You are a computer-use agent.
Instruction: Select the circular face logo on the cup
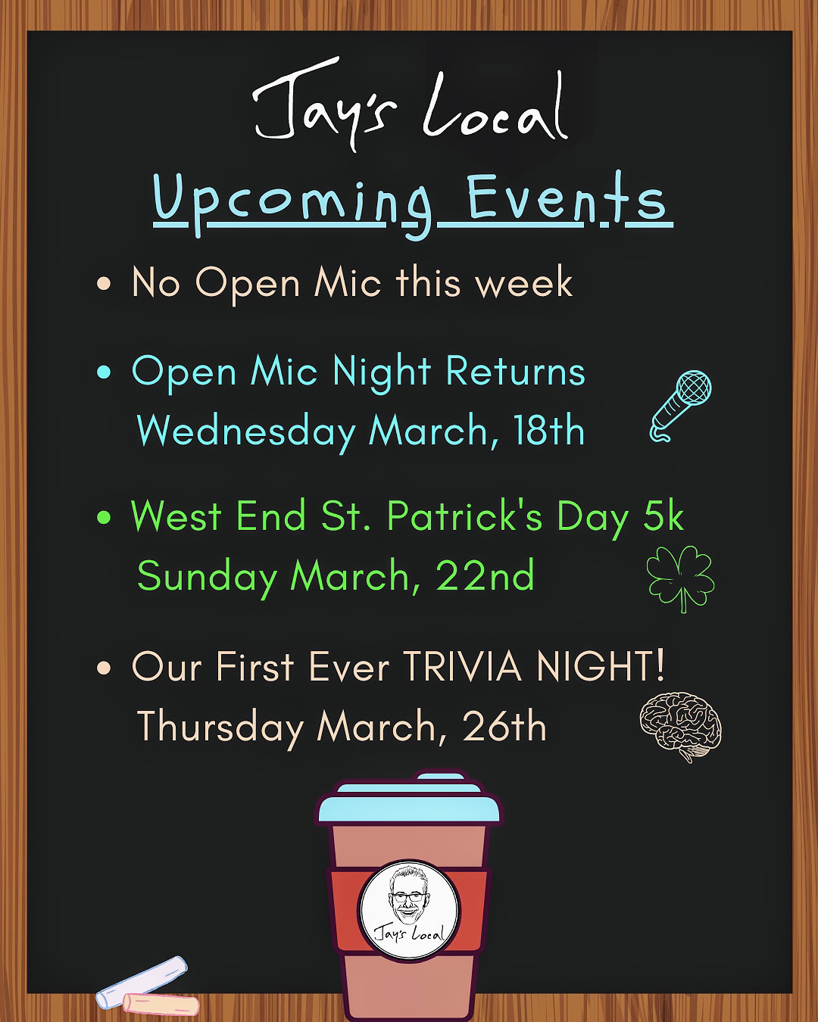tap(409, 911)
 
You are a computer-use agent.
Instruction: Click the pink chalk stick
tap(161, 1002)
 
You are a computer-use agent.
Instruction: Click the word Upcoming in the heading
tap(292, 201)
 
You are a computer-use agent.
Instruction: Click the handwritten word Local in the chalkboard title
tap(495, 107)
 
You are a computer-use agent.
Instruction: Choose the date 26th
tap(504, 725)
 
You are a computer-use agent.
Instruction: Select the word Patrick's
tap(464, 516)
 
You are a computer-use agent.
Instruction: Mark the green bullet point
tap(104, 517)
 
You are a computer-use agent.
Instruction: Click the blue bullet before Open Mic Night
tap(104, 372)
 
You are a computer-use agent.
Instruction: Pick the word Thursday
tap(220, 727)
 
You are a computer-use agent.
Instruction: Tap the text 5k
tap(663, 516)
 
